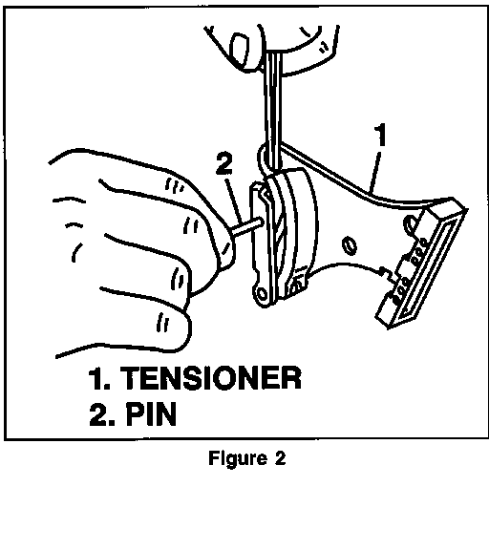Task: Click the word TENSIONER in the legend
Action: [210, 378]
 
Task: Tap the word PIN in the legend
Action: [151, 414]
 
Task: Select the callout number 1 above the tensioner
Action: [380, 135]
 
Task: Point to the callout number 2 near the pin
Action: [223, 164]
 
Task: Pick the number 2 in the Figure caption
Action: [280, 457]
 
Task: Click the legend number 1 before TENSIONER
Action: [98, 378]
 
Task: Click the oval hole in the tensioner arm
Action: [350, 245]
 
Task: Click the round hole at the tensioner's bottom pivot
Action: [262, 293]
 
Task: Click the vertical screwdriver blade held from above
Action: [274, 113]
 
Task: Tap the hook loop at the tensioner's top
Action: [264, 158]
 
